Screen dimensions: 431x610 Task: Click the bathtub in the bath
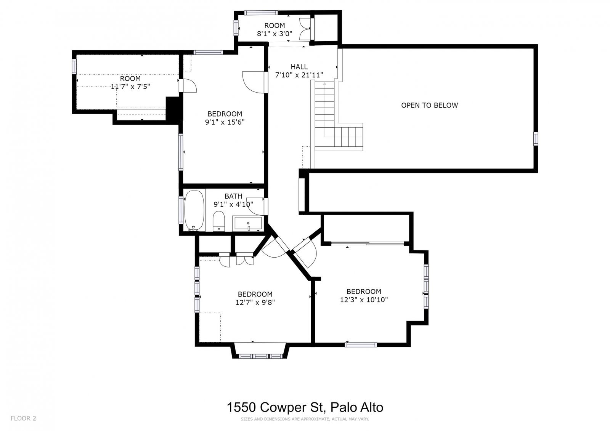point(194,210)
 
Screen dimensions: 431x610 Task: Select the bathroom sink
point(248,223)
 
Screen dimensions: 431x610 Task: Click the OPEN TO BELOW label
point(429,105)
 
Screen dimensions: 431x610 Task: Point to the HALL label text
point(299,67)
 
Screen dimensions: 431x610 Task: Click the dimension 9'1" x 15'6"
point(225,122)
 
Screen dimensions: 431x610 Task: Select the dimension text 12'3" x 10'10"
point(364,300)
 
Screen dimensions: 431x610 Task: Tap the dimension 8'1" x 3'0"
point(274,34)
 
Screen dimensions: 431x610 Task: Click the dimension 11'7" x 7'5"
point(130,87)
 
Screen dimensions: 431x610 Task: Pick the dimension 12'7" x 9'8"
point(255,303)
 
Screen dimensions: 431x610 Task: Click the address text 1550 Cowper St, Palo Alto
point(305,407)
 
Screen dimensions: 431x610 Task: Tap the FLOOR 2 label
point(23,418)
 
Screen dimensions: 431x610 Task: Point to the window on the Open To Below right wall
point(535,138)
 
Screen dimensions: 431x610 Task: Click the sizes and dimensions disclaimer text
point(305,419)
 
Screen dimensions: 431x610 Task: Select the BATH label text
point(233,196)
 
